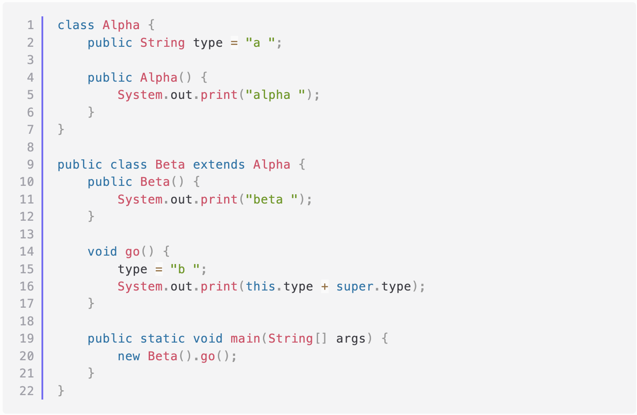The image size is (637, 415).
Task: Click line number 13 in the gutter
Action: (x=26, y=234)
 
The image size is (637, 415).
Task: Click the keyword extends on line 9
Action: (x=219, y=165)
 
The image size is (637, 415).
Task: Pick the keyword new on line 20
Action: (x=128, y=356)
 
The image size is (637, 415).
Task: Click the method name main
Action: (x=245, y=339)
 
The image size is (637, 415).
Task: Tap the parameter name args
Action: (x=351, y=339)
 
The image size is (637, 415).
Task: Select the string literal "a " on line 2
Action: (x=260, y=43)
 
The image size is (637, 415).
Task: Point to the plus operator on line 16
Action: (x=325, y=287)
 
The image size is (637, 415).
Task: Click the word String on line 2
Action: (x=162, y=43)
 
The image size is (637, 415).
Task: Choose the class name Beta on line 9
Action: (x=170, y=165)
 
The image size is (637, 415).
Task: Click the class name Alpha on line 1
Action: (x=121, y=25)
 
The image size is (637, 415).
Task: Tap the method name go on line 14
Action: (x=132, y=252)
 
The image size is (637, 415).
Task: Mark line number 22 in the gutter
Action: (x=26, y=391)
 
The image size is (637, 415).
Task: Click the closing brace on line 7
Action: (x=61, y=129)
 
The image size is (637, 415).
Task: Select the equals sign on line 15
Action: (x=159, y=269)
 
